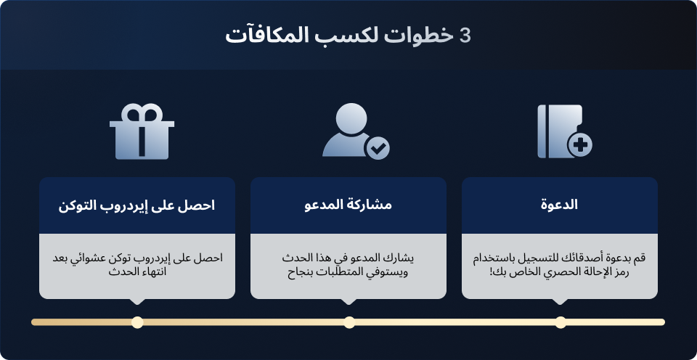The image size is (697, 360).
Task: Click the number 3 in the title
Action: coord(465,36)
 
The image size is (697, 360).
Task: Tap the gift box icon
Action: coord(142,131)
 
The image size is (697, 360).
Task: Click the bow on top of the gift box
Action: coord(142,112)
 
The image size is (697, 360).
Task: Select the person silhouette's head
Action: coord(351,118)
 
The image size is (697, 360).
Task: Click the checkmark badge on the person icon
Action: coord(378,148)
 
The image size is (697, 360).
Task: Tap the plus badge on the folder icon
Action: coord(580,145)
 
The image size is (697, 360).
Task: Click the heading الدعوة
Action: coord(559,205)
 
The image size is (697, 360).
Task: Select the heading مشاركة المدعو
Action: coord(348,205)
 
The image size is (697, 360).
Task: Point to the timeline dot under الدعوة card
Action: coord(561,322)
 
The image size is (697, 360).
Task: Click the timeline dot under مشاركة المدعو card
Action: coord(349,322)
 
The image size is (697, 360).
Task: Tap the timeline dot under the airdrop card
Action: coord(138,322)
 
